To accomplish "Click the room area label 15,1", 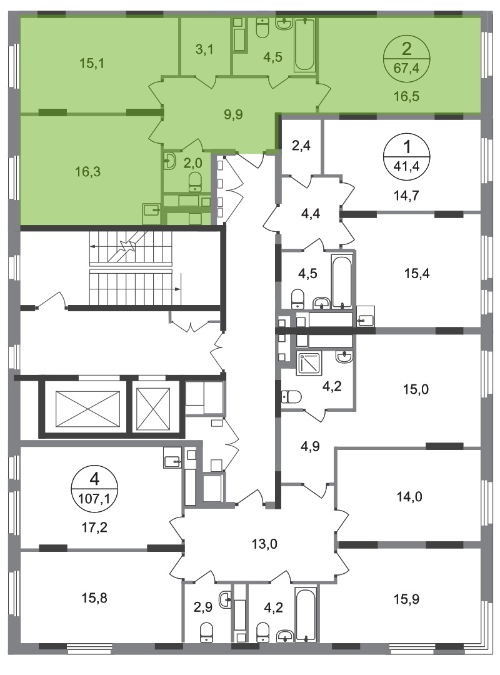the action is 92,63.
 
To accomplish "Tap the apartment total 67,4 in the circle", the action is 406,67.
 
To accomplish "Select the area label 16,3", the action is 87,172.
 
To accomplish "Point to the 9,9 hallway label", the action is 233,114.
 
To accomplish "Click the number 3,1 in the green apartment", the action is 204,49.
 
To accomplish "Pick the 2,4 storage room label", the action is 301,146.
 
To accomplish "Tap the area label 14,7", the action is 406,196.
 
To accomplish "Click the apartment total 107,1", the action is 94,499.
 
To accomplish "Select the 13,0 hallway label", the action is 264,544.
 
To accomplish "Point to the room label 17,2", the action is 94,527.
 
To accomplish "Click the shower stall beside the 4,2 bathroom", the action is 309,363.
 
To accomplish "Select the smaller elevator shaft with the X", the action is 153,409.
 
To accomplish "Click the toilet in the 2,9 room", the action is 207,632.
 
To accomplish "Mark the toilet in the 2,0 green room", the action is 195,182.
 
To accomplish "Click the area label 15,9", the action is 406,599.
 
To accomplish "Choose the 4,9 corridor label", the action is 310,446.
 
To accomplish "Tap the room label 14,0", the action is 409,497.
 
